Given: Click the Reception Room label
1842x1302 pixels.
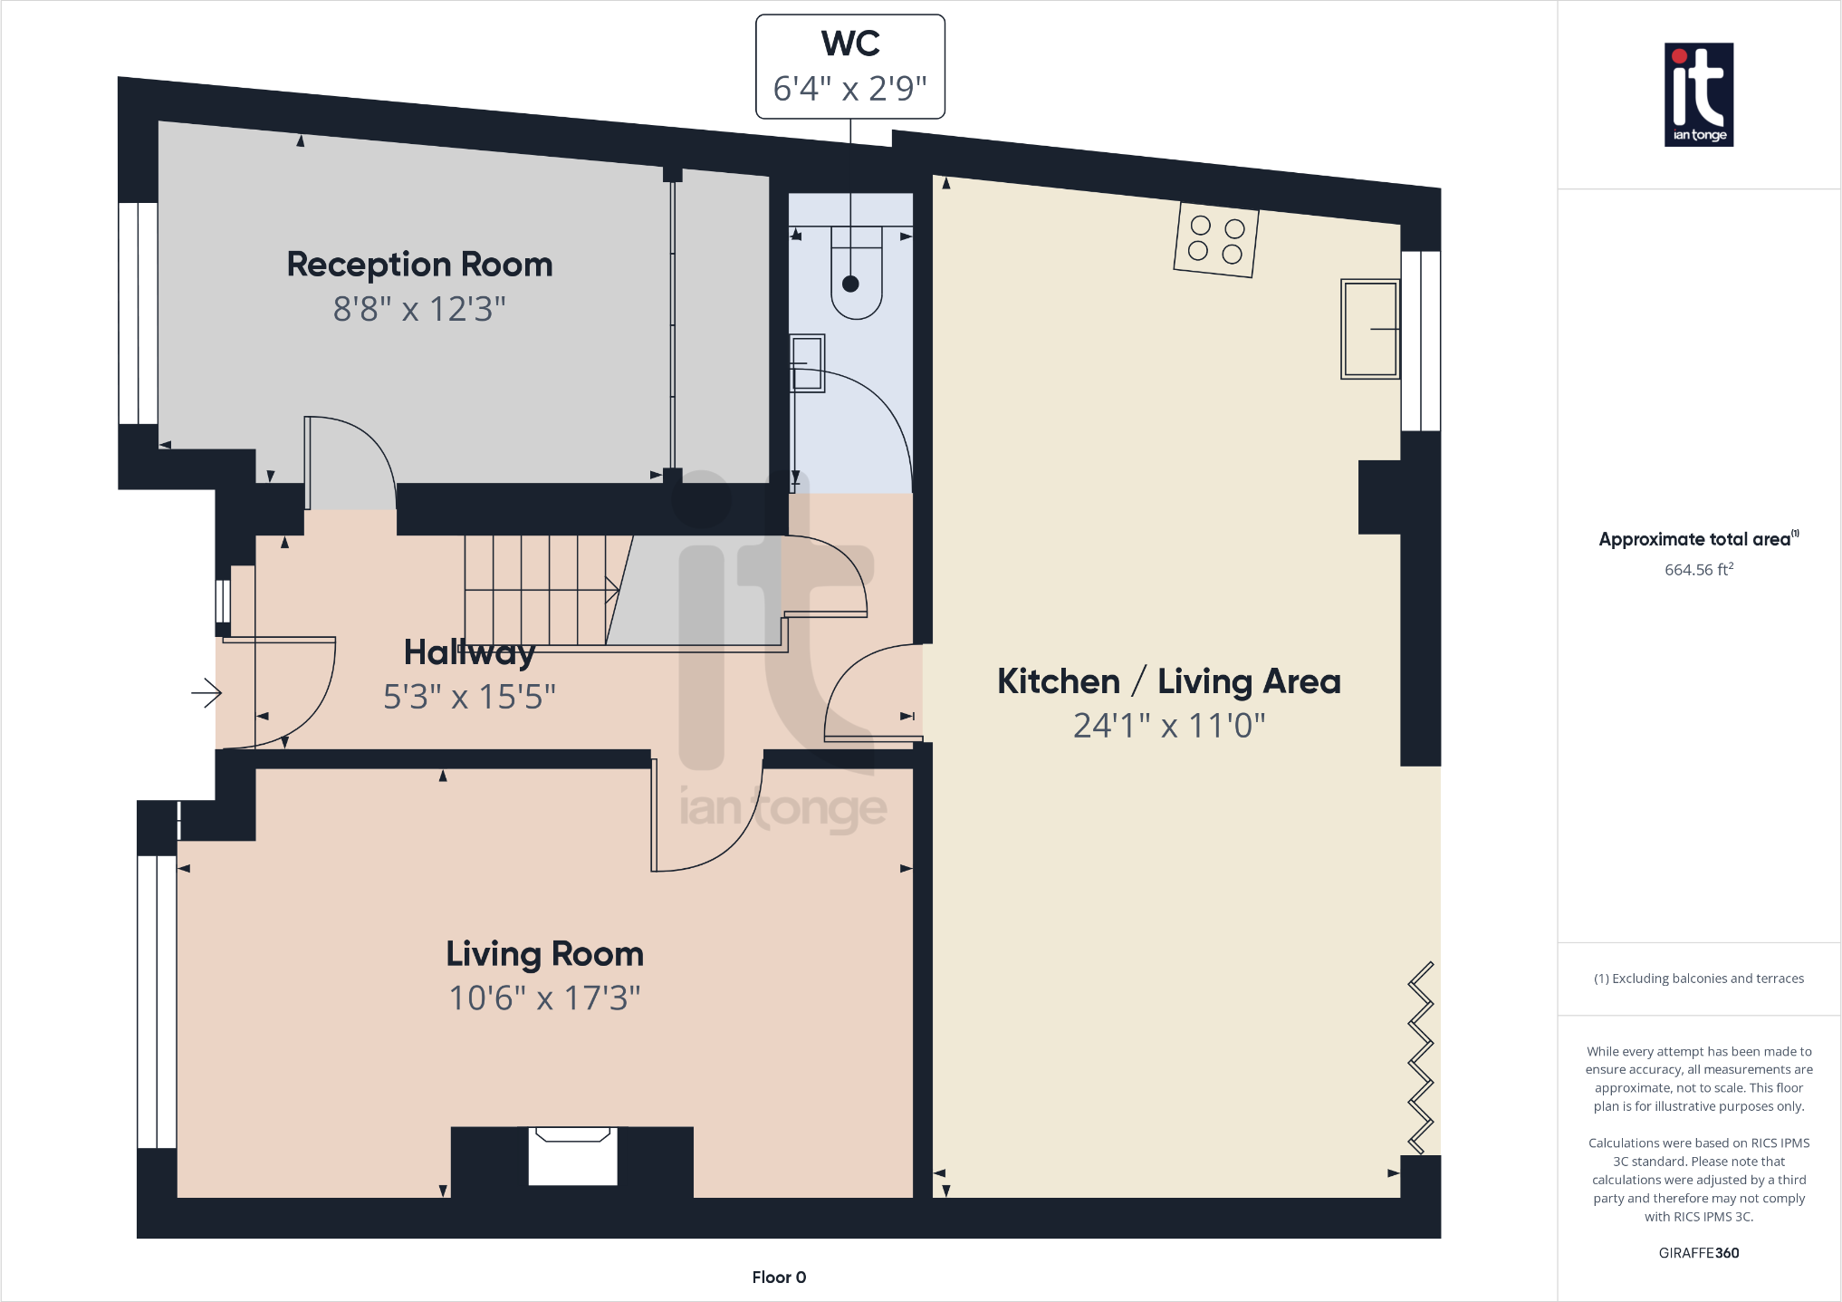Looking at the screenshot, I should (x=419, y=265).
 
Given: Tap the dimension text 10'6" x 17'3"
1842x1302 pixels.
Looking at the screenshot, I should (x=544, y=998).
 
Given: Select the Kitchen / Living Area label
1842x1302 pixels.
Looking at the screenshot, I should (x=1168, y=681).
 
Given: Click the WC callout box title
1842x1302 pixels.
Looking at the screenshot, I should (x=850, y=43).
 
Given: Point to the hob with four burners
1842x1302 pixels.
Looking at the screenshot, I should (x=1215, y=239).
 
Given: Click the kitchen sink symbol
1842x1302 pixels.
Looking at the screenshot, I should (x=1369, y=328).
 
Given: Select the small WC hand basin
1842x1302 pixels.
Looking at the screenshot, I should (x=807, y=362).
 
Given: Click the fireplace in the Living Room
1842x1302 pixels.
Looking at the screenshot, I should (x=572, y=1157).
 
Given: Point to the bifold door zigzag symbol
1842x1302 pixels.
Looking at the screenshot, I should (x=1420, y=1057).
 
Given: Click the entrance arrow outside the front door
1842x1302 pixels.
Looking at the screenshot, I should (x=206, y=694).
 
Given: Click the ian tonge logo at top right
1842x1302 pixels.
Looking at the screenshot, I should (x=1698, y=94).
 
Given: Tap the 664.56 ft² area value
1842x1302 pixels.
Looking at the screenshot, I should (x=1698, y=570).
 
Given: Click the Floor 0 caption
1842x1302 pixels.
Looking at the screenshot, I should (x=779, y=1277).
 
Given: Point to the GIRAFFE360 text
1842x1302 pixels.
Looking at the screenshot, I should (x=1698, y=1253).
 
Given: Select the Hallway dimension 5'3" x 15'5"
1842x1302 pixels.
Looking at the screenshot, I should (x=469, y=697).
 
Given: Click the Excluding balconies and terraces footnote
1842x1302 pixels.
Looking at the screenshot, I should (x=1698, y=979).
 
